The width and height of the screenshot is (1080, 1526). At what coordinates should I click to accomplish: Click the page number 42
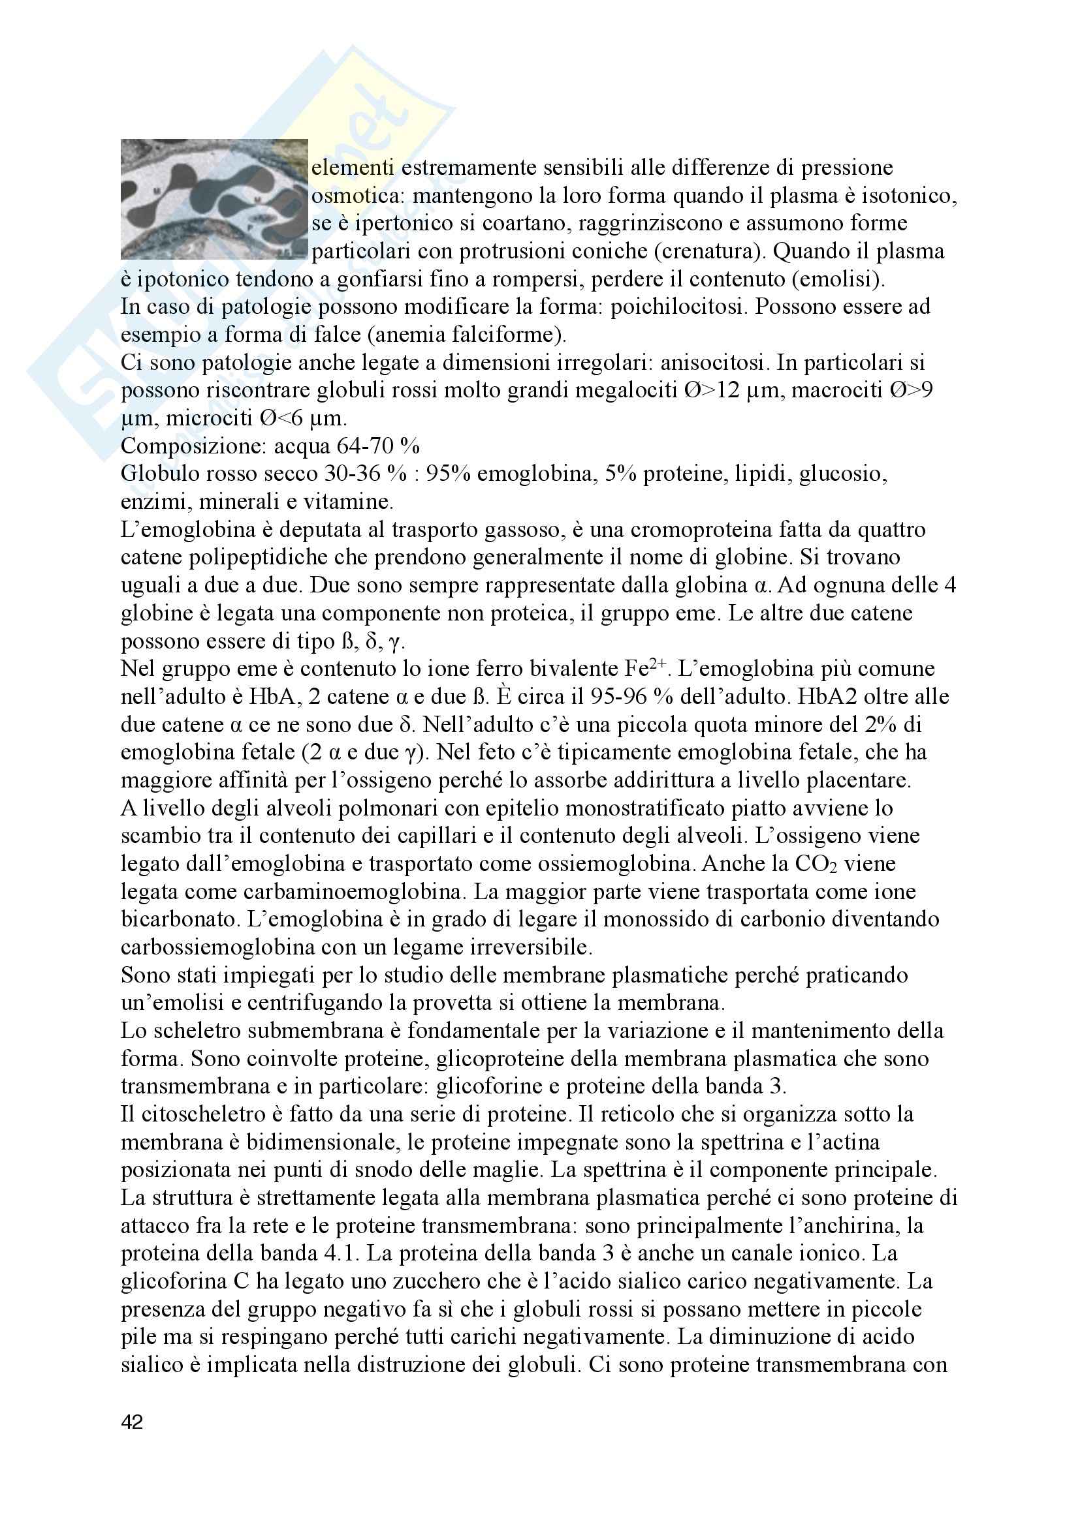(133, 1423)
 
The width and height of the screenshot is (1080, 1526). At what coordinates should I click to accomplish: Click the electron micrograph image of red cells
(214, 199)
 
